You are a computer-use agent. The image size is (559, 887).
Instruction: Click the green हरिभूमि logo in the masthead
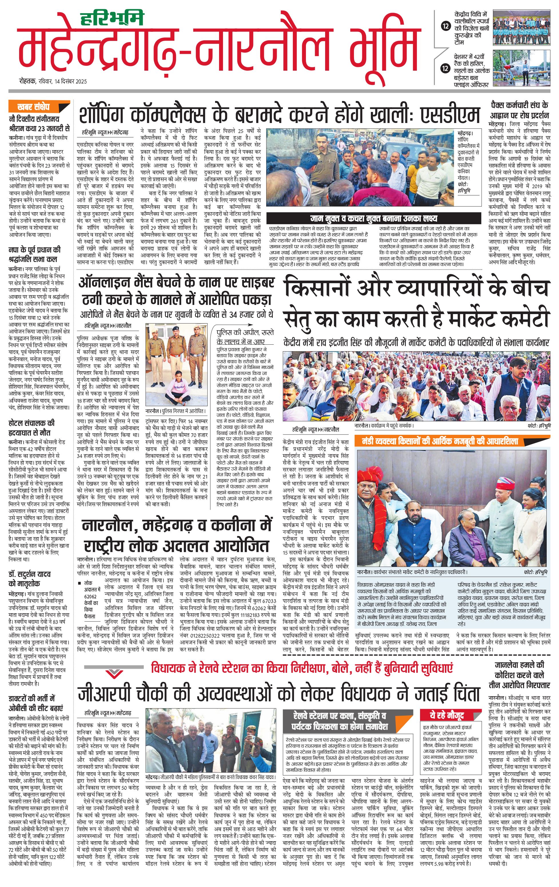coord(112,18)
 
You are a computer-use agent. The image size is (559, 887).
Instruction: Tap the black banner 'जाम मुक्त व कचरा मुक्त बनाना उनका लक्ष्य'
coord(373,218)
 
